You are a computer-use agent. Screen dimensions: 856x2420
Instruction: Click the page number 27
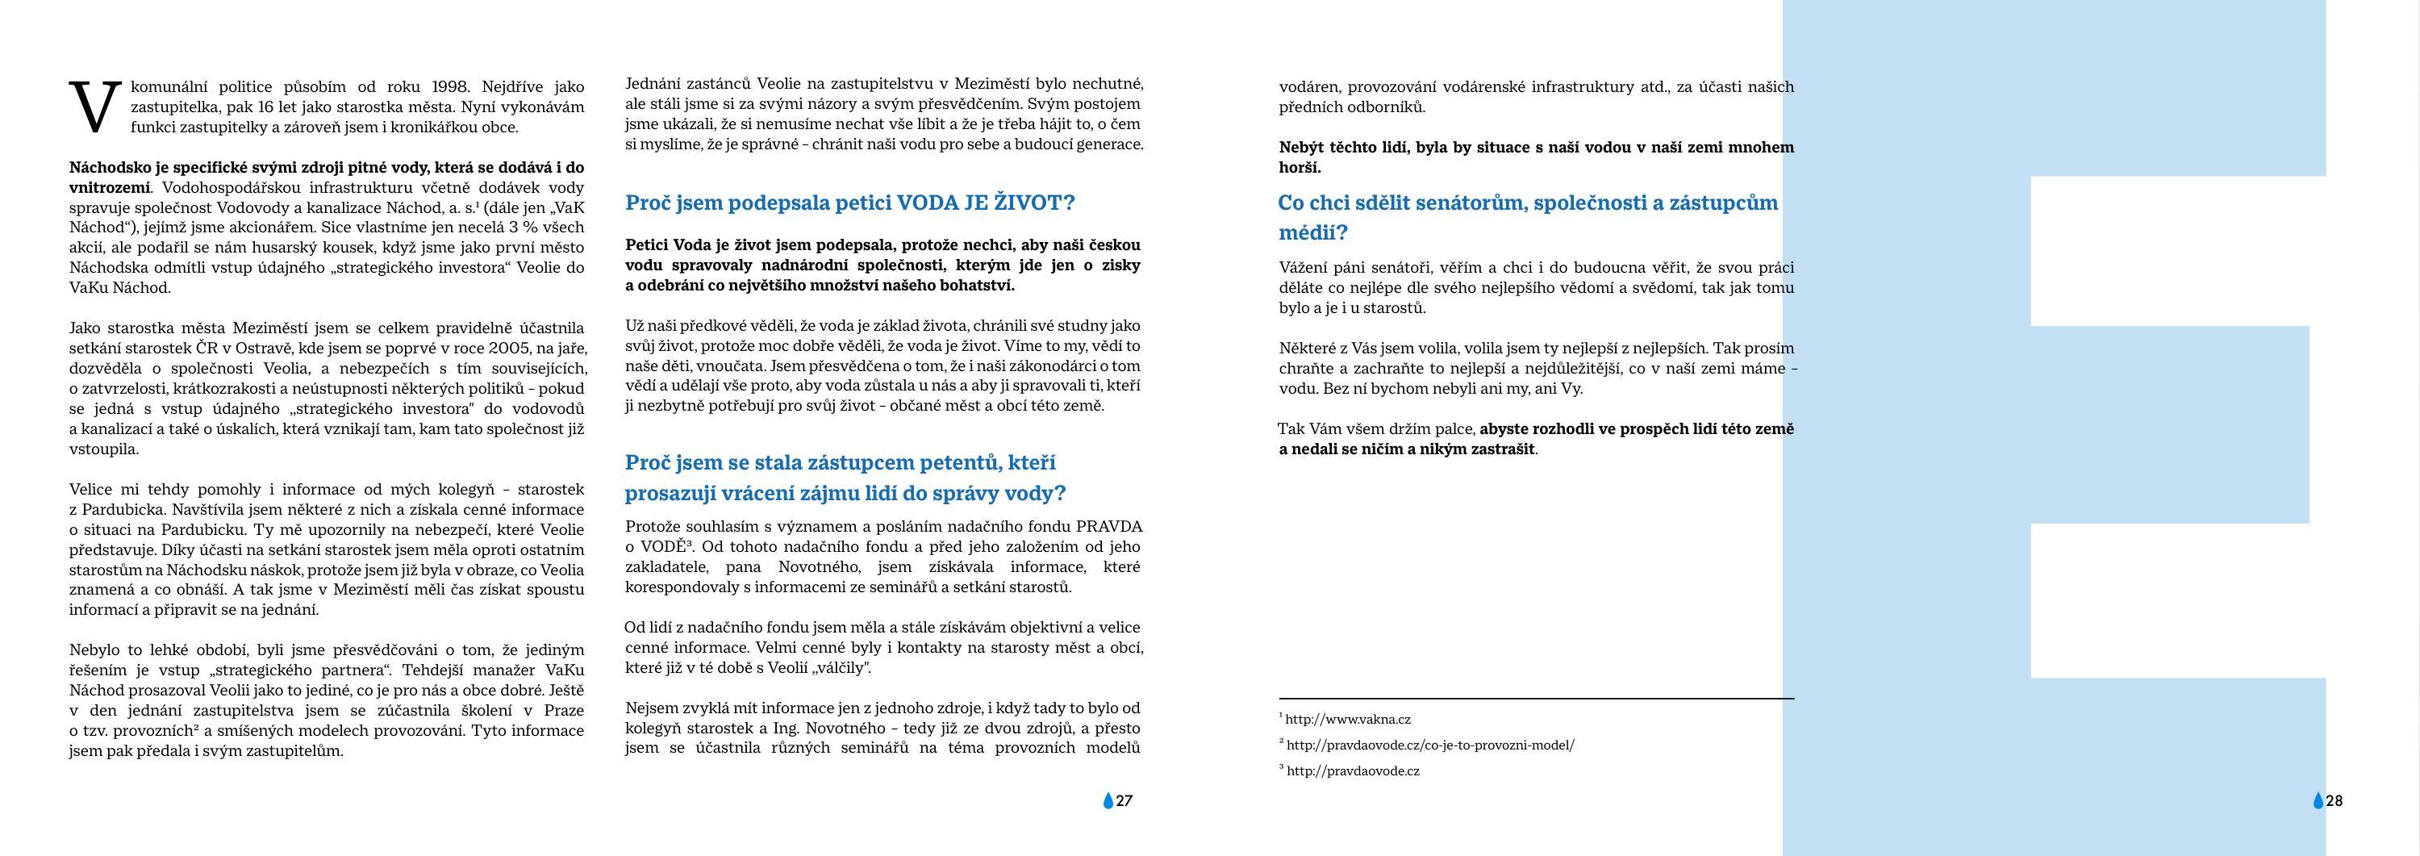pyautogui.click(x=1124, y=801)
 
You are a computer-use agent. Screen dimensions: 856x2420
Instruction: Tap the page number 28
pyautogui.click(x=2334, y=801)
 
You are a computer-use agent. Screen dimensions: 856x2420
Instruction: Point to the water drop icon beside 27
pyautogui.click(x=1108, y=801)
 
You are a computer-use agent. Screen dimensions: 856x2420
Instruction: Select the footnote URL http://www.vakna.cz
pyautogui.click(x=1348, y=720)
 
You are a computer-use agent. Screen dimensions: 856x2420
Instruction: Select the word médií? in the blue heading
pyautogui.click(x=1313, y=232)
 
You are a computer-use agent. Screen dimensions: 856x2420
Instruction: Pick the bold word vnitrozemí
pyautogui.click(x=109, y=188)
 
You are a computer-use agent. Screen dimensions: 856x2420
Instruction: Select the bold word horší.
pyautogui.click(x=1300, y=167)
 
